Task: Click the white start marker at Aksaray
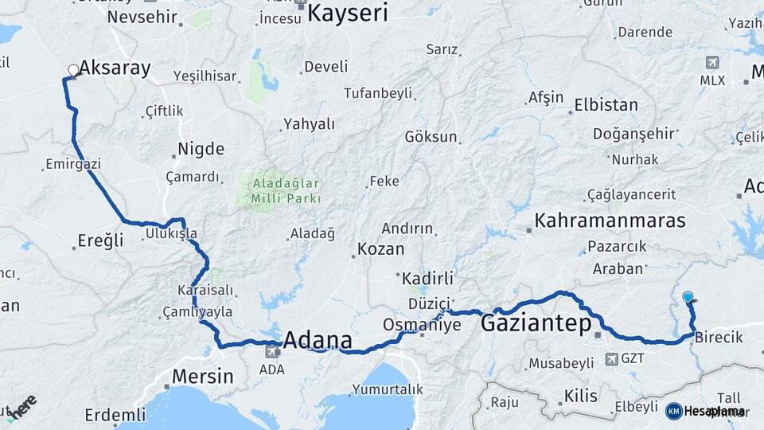(73, 71)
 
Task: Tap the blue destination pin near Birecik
(688, 298)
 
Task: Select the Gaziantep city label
(536, 323)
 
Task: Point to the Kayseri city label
(348, 14)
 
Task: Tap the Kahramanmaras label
(598, 221)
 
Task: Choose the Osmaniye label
(422, 325)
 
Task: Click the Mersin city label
(205, 376)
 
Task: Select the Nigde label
(201, 149)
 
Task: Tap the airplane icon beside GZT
(612, 359)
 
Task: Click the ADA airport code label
(271, 369)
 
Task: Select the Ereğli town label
(101, 240)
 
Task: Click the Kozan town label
(381, 248)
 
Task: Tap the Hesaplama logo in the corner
(705, 411)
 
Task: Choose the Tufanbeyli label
(378, 93)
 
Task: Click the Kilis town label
(580, 395)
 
